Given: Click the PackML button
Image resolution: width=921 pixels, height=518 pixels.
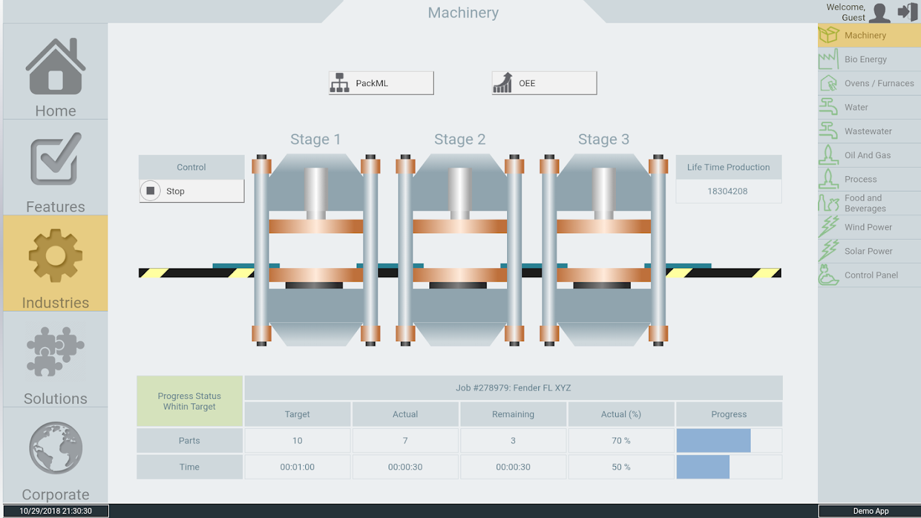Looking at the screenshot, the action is [381, 83].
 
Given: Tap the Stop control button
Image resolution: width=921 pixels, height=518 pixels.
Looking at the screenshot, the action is [192, 191].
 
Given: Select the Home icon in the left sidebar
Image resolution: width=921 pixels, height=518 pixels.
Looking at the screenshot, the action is [56, 67].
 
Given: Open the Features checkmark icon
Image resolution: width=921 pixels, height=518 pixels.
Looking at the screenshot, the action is [56, 159].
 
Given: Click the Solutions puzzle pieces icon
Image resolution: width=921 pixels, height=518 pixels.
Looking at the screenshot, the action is [56, 352].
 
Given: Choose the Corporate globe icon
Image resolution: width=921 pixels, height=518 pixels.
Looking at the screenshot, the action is [56, 448].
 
